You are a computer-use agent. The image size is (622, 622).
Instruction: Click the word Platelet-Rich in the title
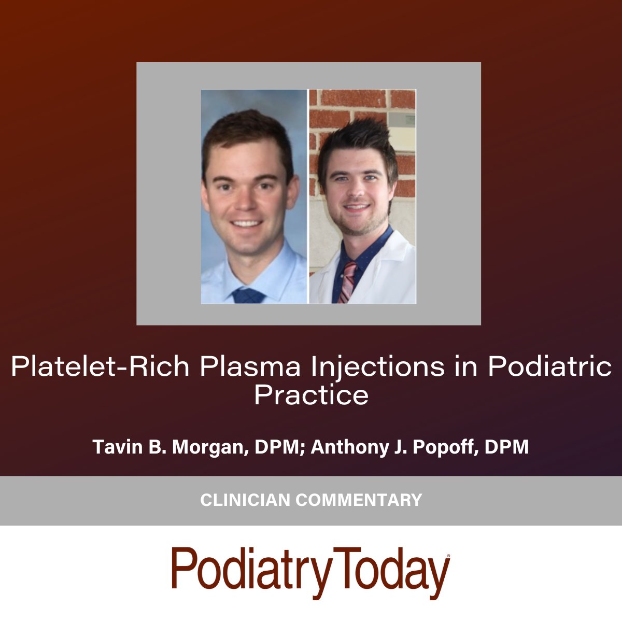pyautogui.click(x=100, y=367)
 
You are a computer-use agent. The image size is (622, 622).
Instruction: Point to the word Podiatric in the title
pyautogui.click(x=549, y=367)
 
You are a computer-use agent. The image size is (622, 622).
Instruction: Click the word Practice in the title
pyautogui.click(x=311, y=395)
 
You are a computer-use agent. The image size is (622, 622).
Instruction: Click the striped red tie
pyautogui.click(x=347, y=280)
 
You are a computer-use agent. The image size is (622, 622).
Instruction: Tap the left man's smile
pyautogui.click(x=247, y=224)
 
